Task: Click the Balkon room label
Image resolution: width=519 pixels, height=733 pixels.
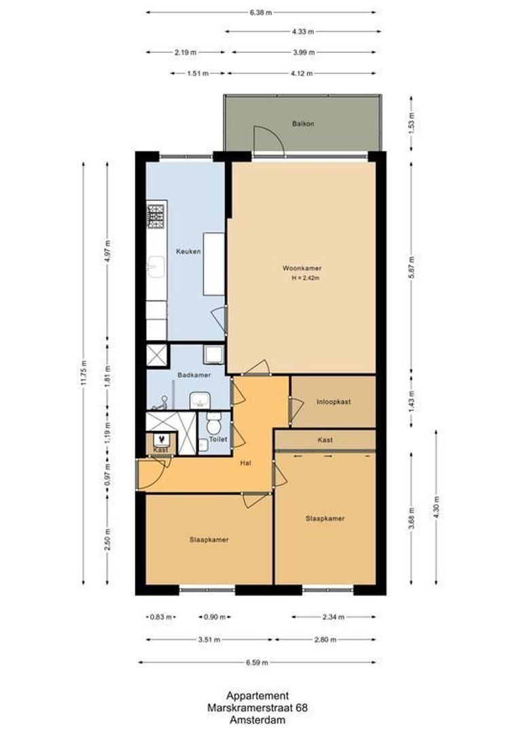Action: click(x=303, y=124)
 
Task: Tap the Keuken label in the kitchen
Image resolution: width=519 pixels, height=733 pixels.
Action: click(x=188, y=251)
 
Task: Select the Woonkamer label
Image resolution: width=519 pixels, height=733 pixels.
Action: click(x=302, y=268)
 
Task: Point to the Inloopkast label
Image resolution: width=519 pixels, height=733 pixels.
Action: click(x=334, y=402)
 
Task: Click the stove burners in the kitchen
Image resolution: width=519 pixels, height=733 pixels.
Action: click(x=156, y=216)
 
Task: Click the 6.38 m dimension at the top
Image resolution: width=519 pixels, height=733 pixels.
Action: click(x=260, y=12)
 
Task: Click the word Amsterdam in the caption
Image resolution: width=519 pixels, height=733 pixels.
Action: click(x=258, y=719)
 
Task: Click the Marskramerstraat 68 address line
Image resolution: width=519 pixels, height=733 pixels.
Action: click(x=258, y=707)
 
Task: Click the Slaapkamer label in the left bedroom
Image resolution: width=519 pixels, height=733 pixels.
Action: click(x=209, y=540)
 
